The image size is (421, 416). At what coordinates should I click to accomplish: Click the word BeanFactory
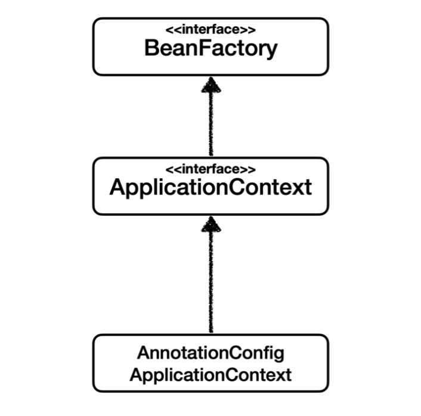coord(210,49)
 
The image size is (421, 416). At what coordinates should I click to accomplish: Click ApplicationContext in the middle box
coord(210,188)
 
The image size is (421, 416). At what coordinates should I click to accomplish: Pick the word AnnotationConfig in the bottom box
coord(210,353)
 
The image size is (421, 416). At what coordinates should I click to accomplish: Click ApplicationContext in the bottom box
coord(210,375)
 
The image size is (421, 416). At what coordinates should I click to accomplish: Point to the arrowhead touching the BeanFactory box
coord(210,85)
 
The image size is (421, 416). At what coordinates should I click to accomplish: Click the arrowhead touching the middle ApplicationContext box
coord(210,224)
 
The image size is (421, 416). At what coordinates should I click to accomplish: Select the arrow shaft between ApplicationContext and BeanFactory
coord(210,125)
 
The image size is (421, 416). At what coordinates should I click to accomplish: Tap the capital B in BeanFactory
coord(151,49)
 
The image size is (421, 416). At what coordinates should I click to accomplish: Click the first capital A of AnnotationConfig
coord(143,353)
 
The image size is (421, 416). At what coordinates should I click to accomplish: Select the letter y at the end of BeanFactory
coord(271,51)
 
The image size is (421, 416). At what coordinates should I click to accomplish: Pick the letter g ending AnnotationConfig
coord(279,355)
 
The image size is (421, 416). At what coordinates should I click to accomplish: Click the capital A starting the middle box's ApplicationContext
coord(117,188)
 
